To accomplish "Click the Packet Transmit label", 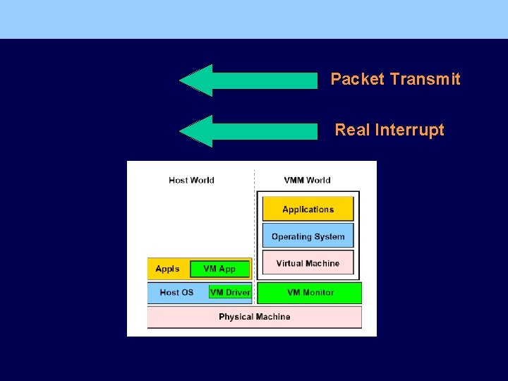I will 395,79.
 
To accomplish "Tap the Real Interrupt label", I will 389,130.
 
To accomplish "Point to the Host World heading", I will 191,180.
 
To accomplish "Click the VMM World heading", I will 307,180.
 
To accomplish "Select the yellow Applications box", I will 308,210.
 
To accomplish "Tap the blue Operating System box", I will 308,236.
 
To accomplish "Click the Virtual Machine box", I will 308,263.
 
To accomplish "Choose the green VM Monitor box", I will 310,292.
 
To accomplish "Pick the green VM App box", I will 220,269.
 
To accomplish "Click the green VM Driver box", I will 230,292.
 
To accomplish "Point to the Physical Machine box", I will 254,317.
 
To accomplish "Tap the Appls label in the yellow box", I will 167,269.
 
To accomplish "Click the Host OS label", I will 176,292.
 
